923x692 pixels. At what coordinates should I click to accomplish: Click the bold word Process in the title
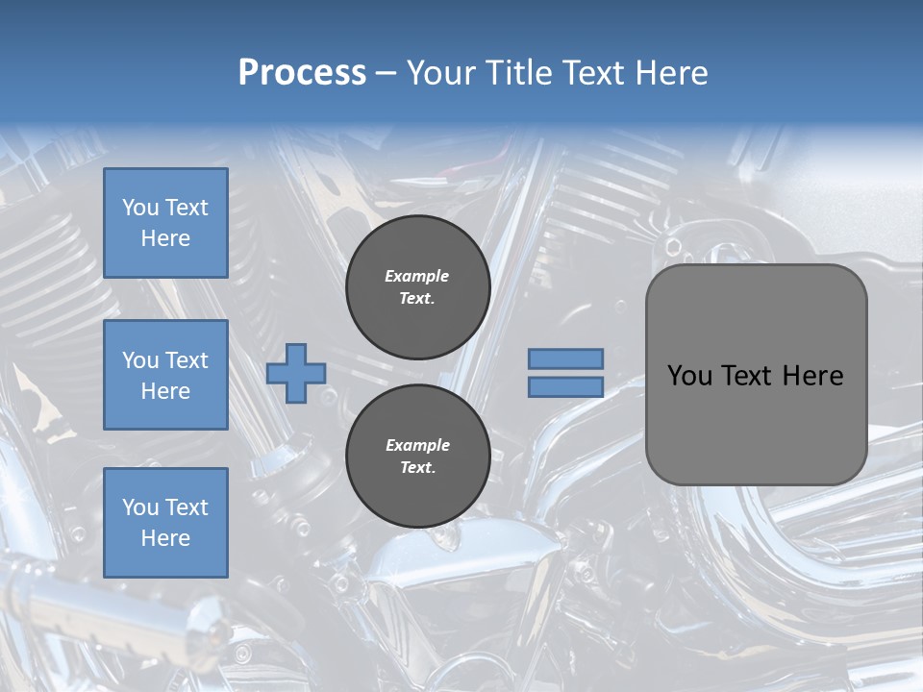point(302,73)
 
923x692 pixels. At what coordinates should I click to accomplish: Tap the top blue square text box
point(165,223)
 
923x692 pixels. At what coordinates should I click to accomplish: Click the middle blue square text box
point(165,375)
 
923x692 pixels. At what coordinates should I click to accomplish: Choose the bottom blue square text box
point(165,522)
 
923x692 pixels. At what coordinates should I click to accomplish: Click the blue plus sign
point(296,373)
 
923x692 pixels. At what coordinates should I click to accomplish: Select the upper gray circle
point(418,287)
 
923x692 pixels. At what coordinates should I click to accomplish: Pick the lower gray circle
point(418,457)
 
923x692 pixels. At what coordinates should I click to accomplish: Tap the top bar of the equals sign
point(566,358)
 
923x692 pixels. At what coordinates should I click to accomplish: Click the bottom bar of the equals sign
point(566,386)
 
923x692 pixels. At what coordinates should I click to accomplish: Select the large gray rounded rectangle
point(756,375)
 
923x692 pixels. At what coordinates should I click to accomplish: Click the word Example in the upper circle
point(417,276)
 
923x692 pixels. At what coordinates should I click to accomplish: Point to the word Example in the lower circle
point(417,445)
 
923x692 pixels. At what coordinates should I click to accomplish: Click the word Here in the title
point(671,73)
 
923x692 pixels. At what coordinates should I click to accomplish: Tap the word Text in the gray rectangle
point(747,376)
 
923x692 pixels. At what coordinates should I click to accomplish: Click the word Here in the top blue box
point(165,238)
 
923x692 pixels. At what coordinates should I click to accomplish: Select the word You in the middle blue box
point(139,360)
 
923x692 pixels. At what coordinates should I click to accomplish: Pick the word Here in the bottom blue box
point(165,538)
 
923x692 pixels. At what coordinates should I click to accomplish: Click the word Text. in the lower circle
point(417,468)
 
